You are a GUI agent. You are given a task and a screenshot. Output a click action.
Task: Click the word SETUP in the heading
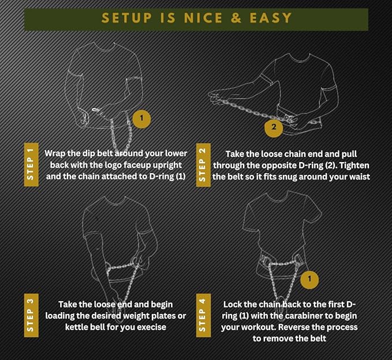click(127, 18)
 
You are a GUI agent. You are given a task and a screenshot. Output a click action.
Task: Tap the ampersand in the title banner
click(236, 18)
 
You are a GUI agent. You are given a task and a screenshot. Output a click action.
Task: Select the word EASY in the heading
click(271, 18)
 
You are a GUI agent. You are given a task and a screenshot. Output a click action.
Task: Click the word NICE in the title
click(203, 18)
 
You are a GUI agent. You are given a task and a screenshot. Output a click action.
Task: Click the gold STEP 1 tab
click(31, 164)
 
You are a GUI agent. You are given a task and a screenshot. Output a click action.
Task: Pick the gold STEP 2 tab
click(203, 165)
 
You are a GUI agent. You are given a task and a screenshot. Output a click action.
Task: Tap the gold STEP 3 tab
click(31, 315)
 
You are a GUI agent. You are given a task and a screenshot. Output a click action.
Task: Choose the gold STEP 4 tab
click(203, 315)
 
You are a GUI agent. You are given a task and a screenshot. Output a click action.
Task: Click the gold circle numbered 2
click(274, 127)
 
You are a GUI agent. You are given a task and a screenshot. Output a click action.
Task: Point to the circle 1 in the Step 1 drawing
click(141, 118)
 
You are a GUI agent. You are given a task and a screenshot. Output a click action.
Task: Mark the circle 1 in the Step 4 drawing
click(309, 279)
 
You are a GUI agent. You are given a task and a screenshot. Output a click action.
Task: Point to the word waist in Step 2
click(360, 177)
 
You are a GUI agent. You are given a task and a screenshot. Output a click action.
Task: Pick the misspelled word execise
click(151, 327)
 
